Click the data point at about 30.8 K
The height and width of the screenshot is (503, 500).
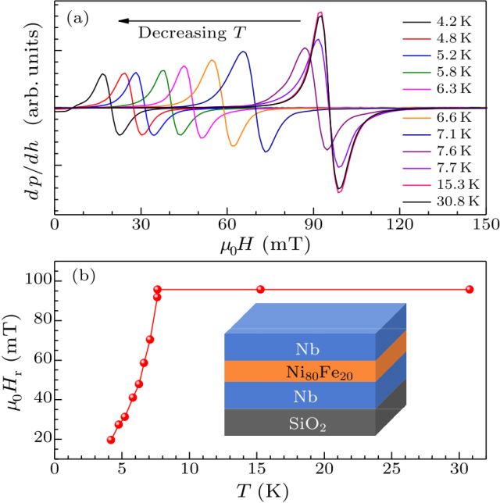(x=470, y=289)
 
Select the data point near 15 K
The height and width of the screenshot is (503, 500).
(x=260, y=289)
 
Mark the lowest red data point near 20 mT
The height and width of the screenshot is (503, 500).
(x=111, y=440)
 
